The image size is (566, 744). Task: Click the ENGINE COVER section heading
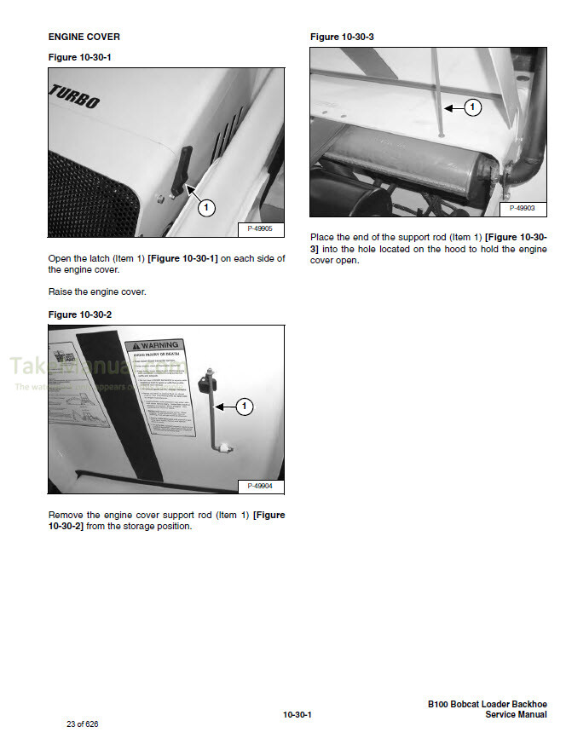point(84,37)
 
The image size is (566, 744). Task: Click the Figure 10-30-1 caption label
point(80,57)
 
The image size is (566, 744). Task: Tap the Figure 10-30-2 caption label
point(80,314)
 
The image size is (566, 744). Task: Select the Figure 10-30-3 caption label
point(342,37)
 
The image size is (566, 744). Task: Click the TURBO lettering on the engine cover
point(75,97)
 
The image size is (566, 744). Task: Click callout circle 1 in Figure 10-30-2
point(244,407)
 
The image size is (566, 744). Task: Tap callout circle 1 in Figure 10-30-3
point(473,107)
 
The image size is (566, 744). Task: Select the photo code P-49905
point(259,228)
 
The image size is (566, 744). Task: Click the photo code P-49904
point(259,486)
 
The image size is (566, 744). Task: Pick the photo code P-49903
point(522,208)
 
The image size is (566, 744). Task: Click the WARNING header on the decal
point(159,348)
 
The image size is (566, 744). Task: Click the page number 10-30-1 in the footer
point(297,714)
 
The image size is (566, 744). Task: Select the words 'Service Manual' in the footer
point(516,715)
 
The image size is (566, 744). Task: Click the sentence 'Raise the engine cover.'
point(97,291)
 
